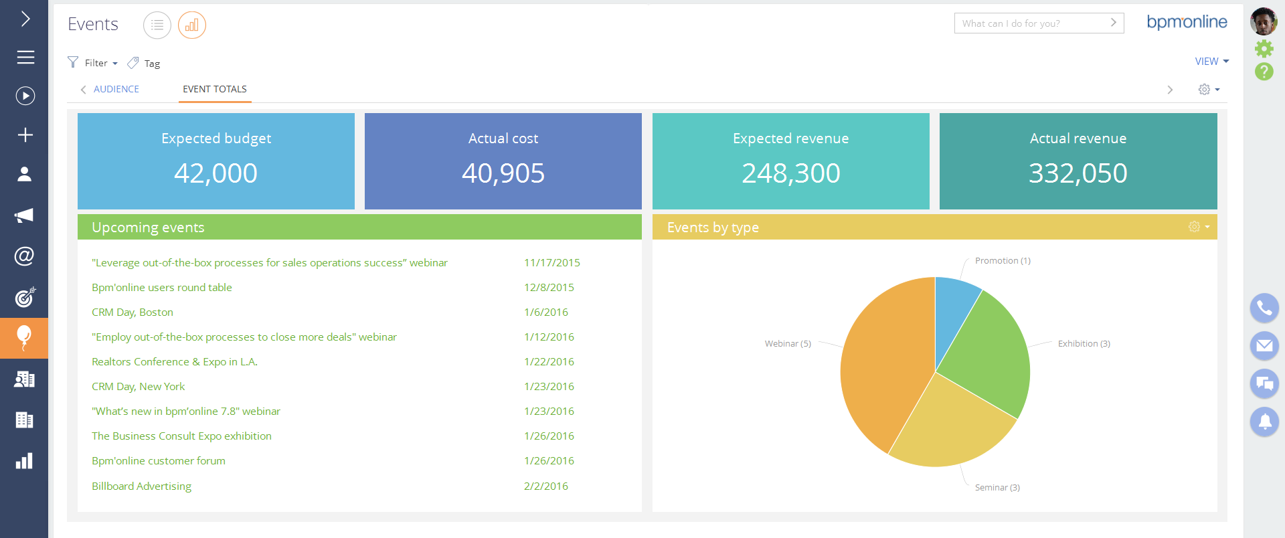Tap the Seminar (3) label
coord(997,487)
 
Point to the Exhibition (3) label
coord(1084,343)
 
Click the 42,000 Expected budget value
coord(216,173)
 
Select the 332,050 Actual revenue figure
coord(1078,173)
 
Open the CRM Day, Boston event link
coord(133,312)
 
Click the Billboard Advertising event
coord(141,486)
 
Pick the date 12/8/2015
coord(549,287)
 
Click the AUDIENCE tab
coord(116,89)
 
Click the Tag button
coord(145,63)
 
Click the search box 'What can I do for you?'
coord(1031,23)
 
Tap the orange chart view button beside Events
coord(192,25)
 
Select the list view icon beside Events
coord(157,25)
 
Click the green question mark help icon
coord(1264,71)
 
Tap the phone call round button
coord(1264,308)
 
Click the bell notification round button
coord(1264,422)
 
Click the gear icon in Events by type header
coord(1195,227)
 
